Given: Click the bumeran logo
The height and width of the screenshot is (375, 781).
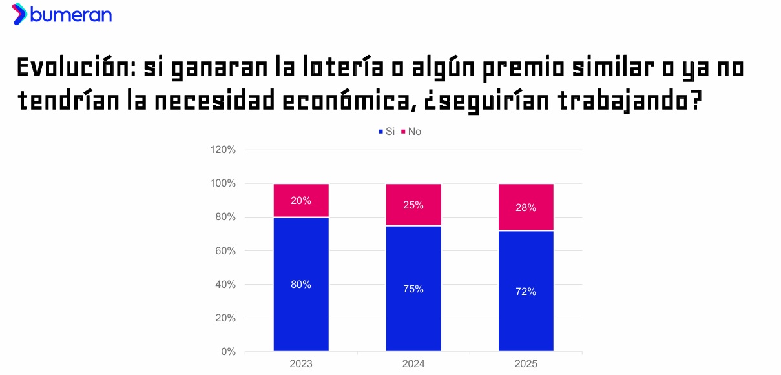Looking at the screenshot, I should coord(62,14).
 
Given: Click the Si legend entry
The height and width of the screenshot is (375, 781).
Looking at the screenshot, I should coord(386,132).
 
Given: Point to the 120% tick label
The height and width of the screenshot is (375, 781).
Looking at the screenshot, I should coord(223,150).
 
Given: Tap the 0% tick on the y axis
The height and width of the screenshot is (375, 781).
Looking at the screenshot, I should coord(228,352).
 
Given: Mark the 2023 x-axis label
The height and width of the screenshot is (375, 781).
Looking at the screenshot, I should coord(301,364).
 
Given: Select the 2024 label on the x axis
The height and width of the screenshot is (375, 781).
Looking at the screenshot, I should coord(413,364).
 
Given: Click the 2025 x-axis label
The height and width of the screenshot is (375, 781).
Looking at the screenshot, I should coord(526,364).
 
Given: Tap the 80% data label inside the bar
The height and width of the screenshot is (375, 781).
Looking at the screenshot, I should coord(301,285).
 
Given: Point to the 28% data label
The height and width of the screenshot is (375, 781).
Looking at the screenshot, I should coord(526,207).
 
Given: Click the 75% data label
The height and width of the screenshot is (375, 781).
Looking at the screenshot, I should coord(413,289).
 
